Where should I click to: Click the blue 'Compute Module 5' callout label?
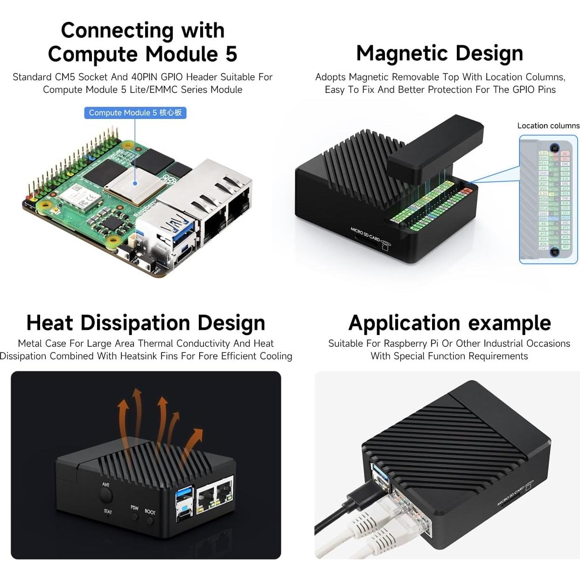(x=135, y=113)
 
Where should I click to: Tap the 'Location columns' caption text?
(x=548, y=126)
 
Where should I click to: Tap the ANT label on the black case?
(x=106, y=485)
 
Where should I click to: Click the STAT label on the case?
(x=108, y=511)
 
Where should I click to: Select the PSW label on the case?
(x=134, y=508)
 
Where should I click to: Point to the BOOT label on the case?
(x=150, y=512)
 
